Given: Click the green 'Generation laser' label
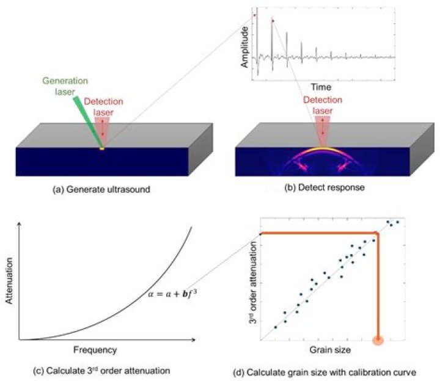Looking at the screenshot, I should (64, 85).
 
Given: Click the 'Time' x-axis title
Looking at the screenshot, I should (321, 87).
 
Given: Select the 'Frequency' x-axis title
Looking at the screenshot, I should (94, 350).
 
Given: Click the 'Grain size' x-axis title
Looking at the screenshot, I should (331, 350).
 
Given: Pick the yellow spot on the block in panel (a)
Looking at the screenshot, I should (102, 148).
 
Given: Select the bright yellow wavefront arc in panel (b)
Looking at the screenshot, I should (323, 149).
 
